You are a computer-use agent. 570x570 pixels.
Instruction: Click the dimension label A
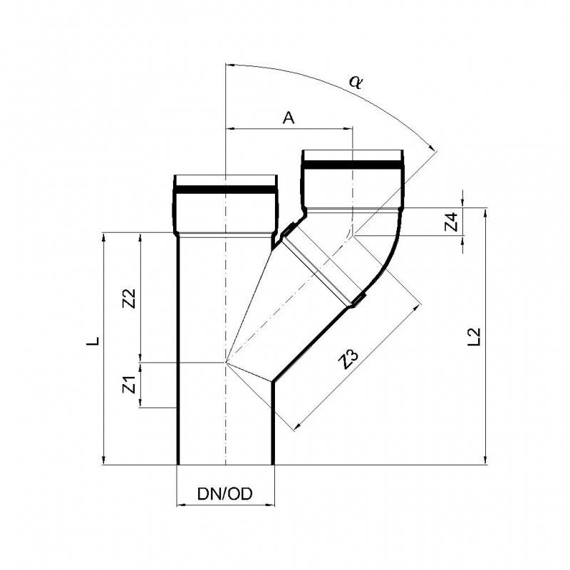pos(289,118)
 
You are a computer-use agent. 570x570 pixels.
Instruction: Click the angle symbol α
pos(356,81)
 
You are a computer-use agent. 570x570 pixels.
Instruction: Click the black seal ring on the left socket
pos(224,190)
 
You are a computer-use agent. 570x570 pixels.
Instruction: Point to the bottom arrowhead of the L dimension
pos(105,460)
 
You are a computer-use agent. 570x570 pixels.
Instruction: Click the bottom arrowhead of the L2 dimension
pos(486,460)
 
